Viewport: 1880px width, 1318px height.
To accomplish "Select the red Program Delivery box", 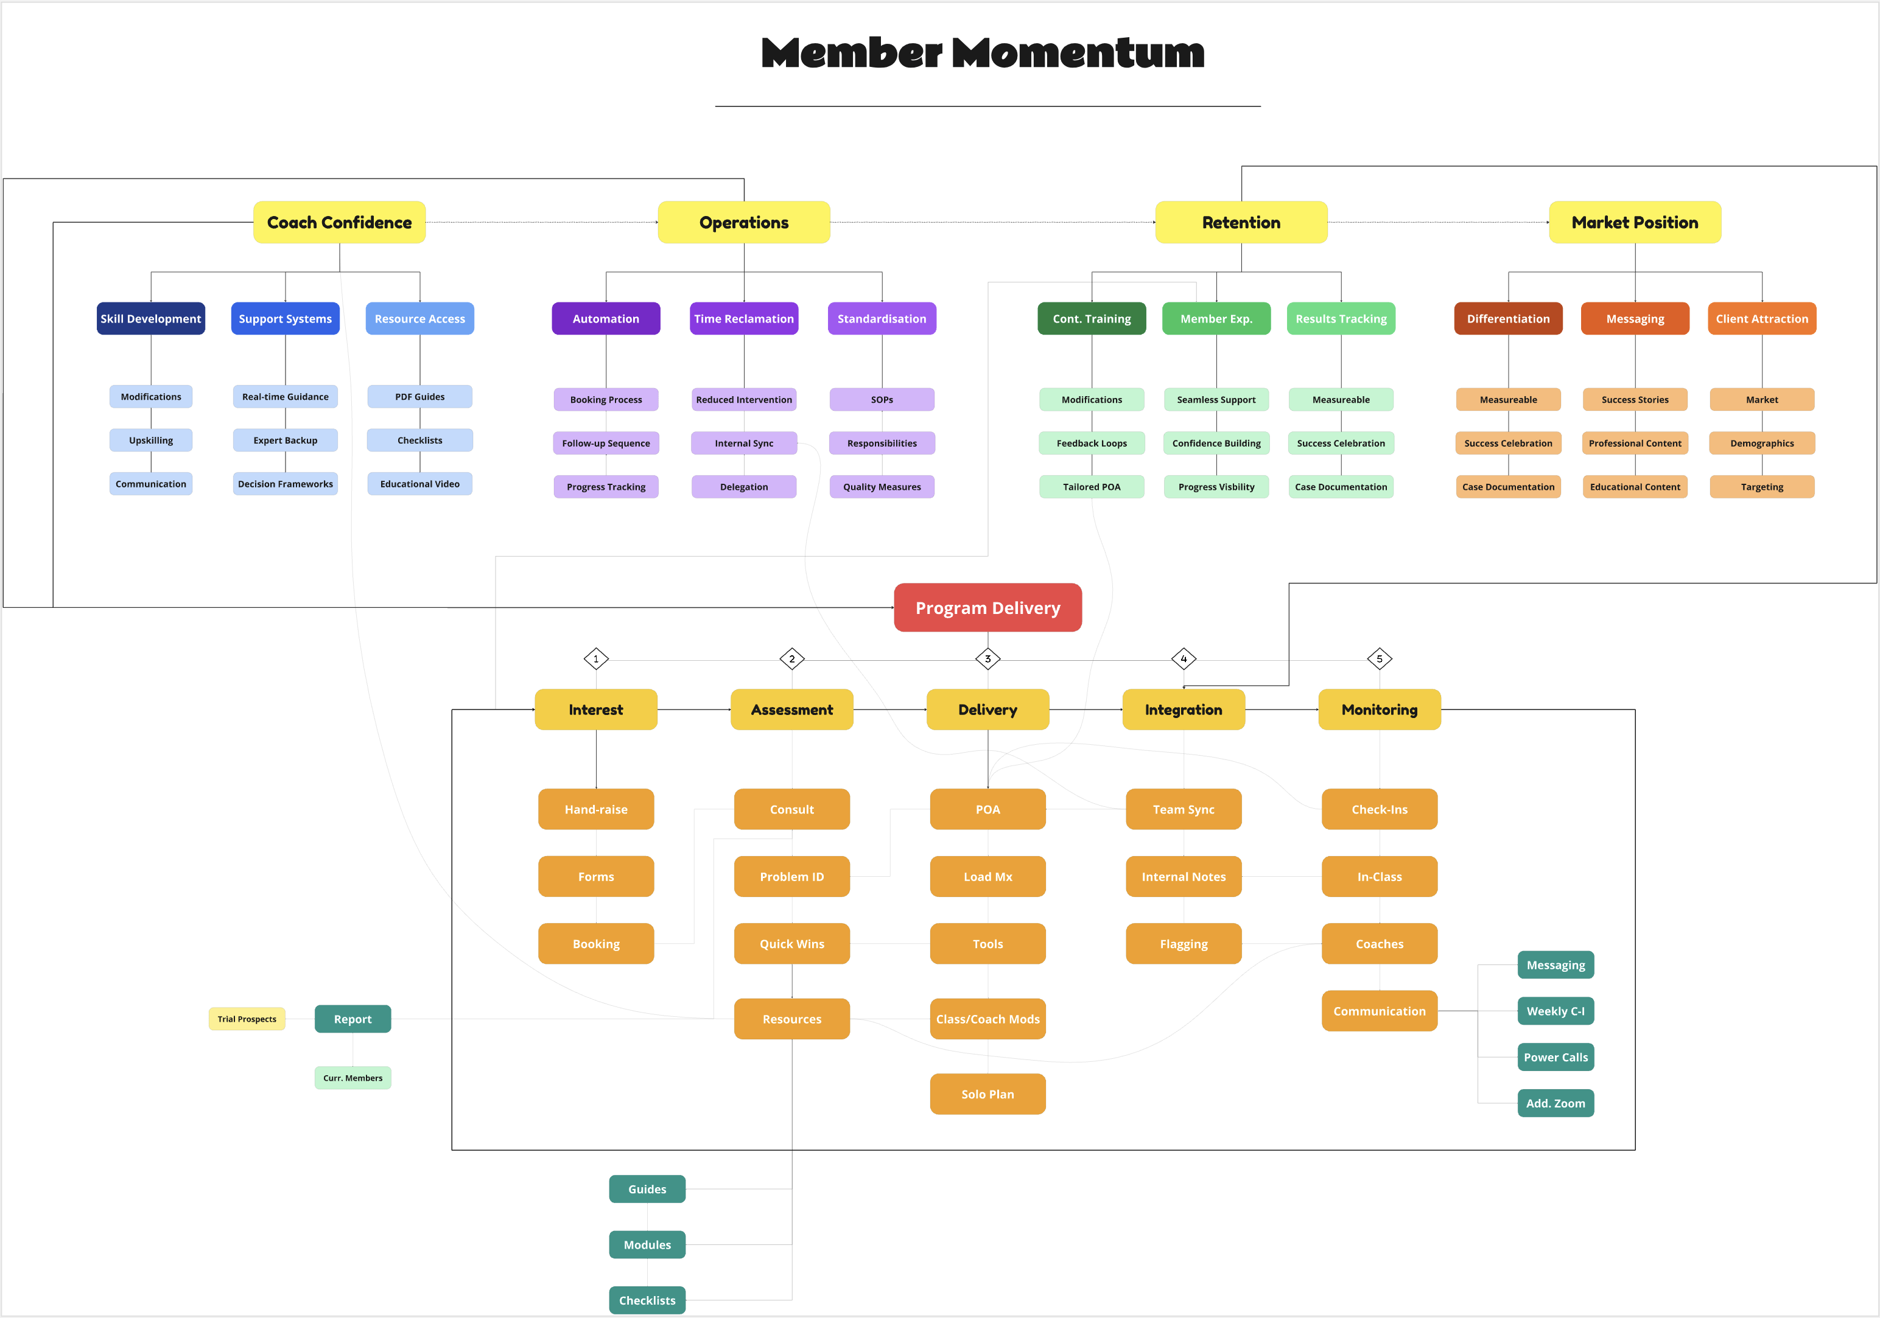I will [987, 607].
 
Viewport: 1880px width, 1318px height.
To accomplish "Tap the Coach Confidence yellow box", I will [339, 222].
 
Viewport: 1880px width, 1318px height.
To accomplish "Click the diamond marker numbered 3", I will [987, 658].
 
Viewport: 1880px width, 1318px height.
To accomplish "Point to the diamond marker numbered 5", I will [1379, 658].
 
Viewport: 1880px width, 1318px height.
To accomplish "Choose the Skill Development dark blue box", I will [150, 318].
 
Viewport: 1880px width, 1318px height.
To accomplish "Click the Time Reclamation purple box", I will [743, 318].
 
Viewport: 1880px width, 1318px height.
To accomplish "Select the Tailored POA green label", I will [1092, 486].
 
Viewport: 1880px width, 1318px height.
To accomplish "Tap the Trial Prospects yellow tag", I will [247, 1019].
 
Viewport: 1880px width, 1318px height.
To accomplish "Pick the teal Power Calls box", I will [1555, 1057].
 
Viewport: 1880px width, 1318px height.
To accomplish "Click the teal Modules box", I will [647, 1244].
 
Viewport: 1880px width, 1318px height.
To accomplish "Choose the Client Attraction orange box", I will [1761, 318].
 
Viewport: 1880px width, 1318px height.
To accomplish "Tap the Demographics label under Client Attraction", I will [1761, 443].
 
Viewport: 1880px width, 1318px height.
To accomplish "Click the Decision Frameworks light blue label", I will [285, 484].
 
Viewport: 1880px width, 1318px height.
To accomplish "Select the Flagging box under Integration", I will [1183, 943].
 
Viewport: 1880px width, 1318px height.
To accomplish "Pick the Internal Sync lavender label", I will [743, 443].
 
